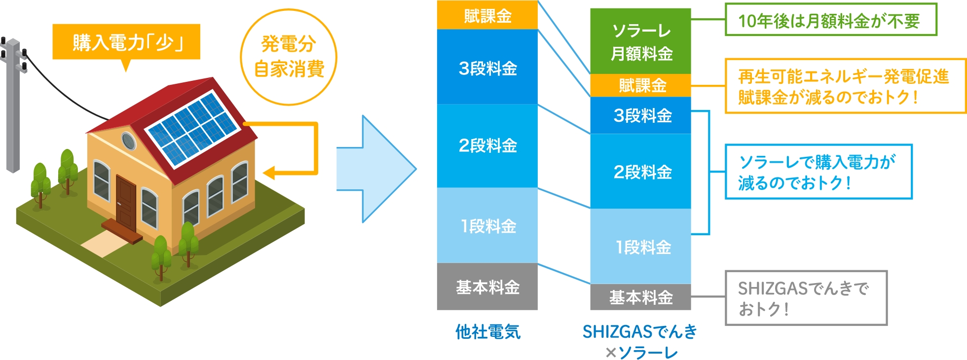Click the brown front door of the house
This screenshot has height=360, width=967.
[126, 203]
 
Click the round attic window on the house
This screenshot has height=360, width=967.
[128, 141]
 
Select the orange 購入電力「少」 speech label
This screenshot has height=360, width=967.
[126, 43]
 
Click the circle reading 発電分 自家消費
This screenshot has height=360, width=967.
[289, 57]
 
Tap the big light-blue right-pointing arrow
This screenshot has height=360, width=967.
[376, 169]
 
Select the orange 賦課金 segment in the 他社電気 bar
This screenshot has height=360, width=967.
[487, 15]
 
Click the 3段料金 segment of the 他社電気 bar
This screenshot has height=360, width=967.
[487, 67]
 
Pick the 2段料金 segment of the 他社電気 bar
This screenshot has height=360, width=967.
[487, 146]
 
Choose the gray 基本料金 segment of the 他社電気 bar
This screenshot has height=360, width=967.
[487, 287]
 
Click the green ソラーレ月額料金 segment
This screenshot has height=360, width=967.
[641, 41]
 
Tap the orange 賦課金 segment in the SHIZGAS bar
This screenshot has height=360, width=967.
[641, 85]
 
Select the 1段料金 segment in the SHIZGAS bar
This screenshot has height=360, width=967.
[641, 246]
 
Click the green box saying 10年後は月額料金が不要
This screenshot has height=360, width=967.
[831, 20]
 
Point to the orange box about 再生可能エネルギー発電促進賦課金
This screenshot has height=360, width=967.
[845, 86]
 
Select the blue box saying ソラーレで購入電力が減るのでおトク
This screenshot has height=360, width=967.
[818, 172]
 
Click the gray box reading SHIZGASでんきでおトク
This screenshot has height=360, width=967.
[806, 298]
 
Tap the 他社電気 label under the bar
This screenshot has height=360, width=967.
[488, 332]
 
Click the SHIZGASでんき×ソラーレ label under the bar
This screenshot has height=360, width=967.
[640, 341]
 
